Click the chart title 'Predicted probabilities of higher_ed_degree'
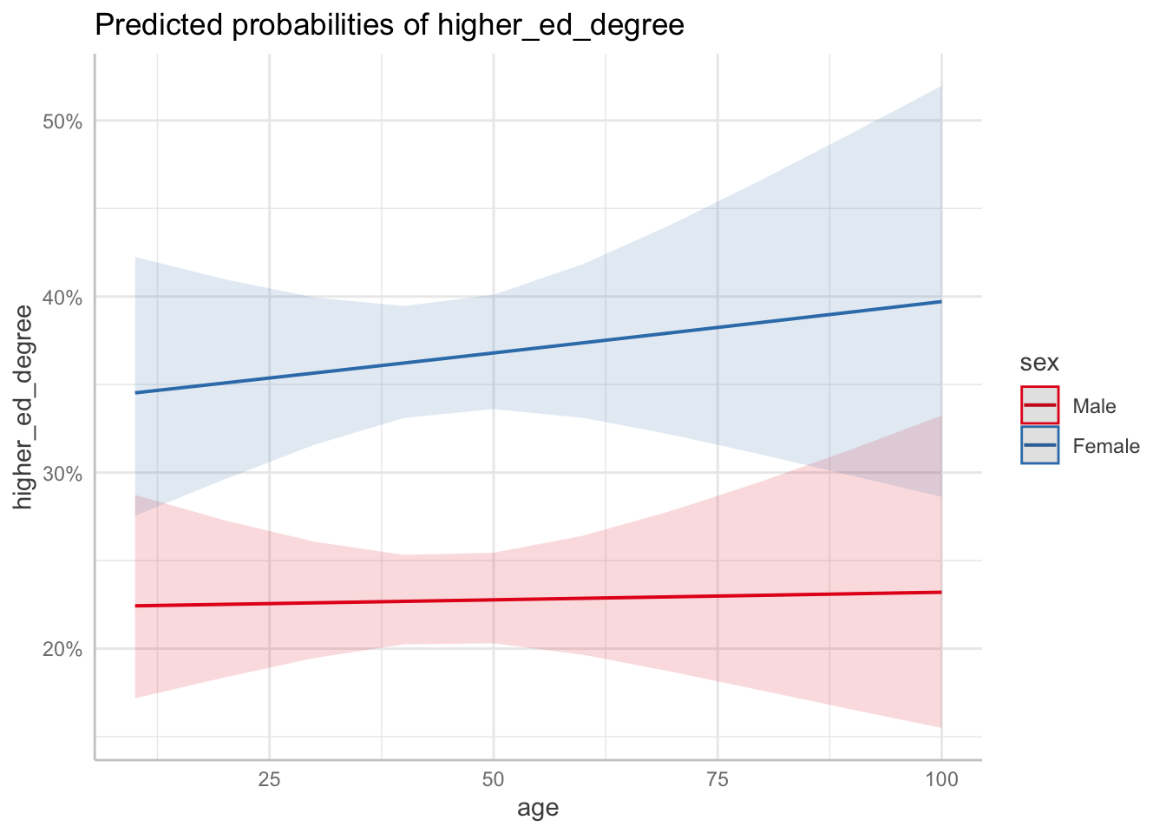[x=390, y=25]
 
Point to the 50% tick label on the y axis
[x=62, y=121]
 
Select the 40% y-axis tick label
[x=62, y=298]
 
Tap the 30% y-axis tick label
[x=62, y=474]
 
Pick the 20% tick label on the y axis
[x=62, y=649]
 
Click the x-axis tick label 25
[x=269, y=779]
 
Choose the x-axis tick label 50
[x=494, y=779]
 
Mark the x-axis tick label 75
[x=717, y=779]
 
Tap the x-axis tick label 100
[x=941, y=779]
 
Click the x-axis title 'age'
[x=538, y=809]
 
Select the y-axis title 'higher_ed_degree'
[x=23, y=407]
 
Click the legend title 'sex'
[x=1039, y=363]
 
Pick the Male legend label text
[x=1094, y=406]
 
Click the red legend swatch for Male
[x=1039, y=405]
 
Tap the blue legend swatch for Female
[x=1039, y=445]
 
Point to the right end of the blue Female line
[x=941, y=301]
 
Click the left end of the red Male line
[x=135, y=606]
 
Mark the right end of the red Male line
[x=941, y=592]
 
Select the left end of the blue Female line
[x=135, y=392]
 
